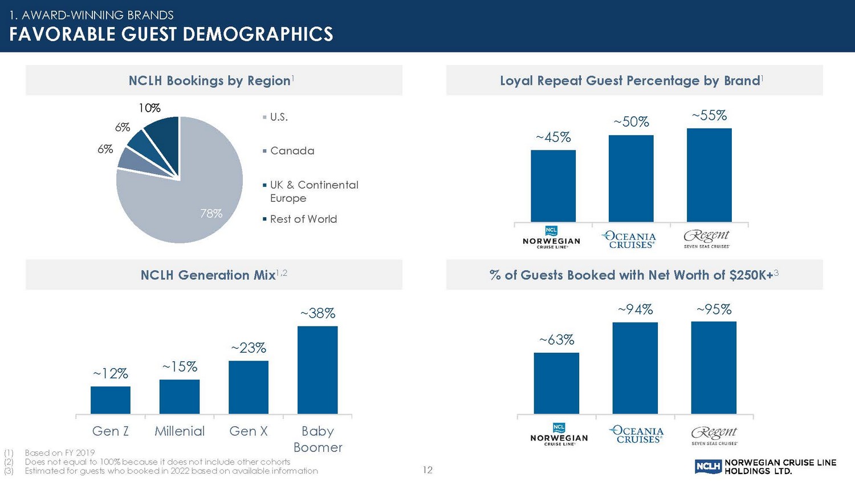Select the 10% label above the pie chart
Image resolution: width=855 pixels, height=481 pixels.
(x=149, y=108)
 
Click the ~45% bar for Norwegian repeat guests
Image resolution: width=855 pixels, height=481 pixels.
(x=553, y=186)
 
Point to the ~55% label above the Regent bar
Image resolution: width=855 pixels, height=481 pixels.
(x=710, y=115)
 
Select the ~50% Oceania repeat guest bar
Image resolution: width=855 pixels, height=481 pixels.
(x=631, y=178)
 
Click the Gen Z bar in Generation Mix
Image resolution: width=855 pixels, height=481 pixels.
(x=111, y=400)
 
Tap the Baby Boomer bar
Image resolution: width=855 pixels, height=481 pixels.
(x=317, y=370)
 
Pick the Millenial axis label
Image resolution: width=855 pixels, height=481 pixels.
(x=180, y=431)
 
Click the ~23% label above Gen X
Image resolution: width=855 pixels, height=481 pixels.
(x=249, y=348)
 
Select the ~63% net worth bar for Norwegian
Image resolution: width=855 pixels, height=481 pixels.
(x=556, y=384)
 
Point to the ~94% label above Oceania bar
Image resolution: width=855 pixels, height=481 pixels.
(x=636, y=309)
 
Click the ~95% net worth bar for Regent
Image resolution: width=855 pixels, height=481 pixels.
(x=714, y=368)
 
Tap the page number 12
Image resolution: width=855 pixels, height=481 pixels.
(x=427, y=470)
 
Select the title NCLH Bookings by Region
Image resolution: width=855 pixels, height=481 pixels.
(x=210, y=80)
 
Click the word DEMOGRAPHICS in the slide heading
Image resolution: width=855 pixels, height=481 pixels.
(x=258, y=34)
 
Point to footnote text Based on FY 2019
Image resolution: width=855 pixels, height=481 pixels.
(x=59, y=453)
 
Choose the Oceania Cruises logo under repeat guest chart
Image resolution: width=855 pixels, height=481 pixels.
(x=629, y=240)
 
